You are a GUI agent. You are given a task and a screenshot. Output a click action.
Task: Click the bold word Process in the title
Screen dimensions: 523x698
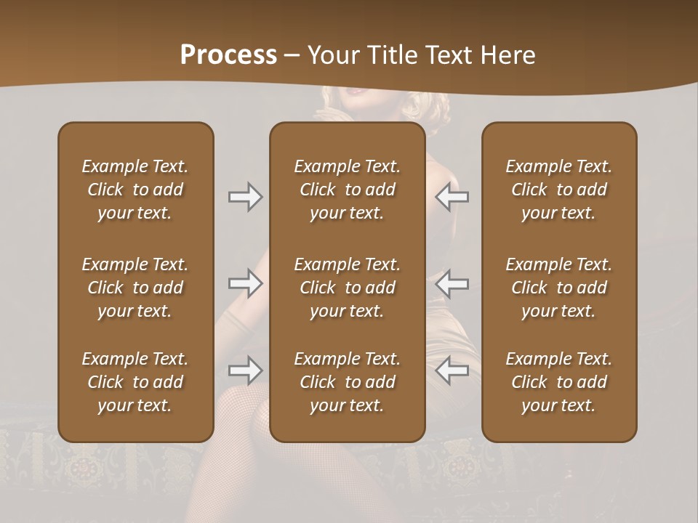pyautogui.click(x=228, y=55)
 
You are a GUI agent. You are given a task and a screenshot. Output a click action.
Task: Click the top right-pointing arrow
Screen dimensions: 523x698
pyautogui.click(x=245, y=197)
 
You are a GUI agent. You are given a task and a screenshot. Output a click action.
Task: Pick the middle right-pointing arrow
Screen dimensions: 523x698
pyautogui.click(x=245, y=283)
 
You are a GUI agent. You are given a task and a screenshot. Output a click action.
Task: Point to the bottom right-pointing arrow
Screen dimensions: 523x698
pyautogui.click(x=245, y=370)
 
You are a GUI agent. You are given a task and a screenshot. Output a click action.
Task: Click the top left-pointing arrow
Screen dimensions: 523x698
pyautogui.click(x=452, y=197)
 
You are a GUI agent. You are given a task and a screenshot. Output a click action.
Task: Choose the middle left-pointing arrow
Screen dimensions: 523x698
pyautogui.click(x=452, y=283)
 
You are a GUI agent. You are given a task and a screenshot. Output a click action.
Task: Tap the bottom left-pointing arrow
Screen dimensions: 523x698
pyautogui.click(x=452, y=370)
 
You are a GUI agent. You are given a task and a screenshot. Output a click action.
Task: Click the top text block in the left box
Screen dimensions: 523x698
pyautogui.click(x=135, y=190)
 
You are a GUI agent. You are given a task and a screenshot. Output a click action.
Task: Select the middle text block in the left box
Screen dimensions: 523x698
pyautogui.click(x=135, y=288)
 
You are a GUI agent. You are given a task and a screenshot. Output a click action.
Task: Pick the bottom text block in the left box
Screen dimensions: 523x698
pyautogui.click(x=135, y=382)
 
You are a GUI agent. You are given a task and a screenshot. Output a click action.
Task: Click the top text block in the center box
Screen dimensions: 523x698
pyautogui.click(x=348, y=190)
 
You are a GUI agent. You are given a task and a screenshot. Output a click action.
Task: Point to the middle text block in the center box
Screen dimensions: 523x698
pyautogui.click(x=348, y=288)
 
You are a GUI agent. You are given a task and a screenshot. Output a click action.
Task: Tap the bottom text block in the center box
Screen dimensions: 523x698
pyautogui.click(x=348, y=382)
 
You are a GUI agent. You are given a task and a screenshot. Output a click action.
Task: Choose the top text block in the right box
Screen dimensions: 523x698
pyautogui.click(x=559, y=190)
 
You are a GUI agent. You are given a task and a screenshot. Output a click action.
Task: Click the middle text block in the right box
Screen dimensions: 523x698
pyautogui.click(x=559, y=288)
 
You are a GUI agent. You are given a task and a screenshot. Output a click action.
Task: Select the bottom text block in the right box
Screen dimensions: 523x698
pyautogui.click(x=559, y=382)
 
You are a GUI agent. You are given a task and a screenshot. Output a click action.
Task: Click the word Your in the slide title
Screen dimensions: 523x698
pyautogui.click(x=331, y=55)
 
